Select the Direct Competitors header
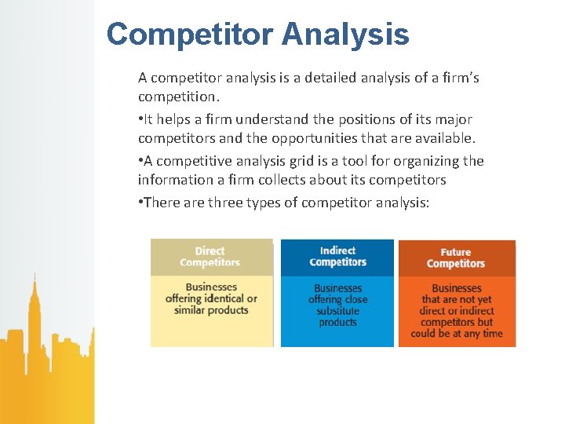pos(210,257)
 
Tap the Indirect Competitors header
pos(337,257)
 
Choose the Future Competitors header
pos(456,258)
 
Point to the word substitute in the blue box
pos(337,311)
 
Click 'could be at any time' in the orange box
pos(457,334)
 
